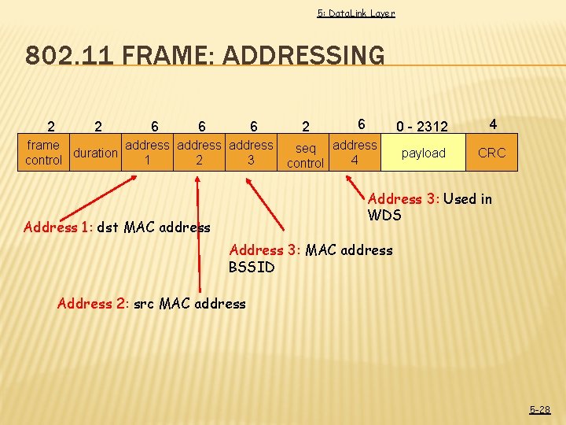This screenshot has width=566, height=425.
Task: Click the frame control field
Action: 43,153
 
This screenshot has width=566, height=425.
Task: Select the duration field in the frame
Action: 95,153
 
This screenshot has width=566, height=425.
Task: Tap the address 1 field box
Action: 148,153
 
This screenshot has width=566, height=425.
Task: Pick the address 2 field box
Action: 200,153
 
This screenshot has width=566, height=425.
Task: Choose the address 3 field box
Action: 251,153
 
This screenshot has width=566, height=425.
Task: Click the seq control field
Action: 305,156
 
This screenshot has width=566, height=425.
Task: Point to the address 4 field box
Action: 355,153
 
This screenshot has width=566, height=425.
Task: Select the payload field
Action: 424,153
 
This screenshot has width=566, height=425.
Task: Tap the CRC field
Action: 492,153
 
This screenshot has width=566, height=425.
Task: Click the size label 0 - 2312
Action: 422,127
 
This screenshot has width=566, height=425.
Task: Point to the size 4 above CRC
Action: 492,124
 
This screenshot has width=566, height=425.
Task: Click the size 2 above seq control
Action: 306,127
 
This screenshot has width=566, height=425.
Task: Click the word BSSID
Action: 252,267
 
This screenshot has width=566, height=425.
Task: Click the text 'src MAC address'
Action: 202,304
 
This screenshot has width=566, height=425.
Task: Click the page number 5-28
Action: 539,409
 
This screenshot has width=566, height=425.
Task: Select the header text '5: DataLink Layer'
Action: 355,13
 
